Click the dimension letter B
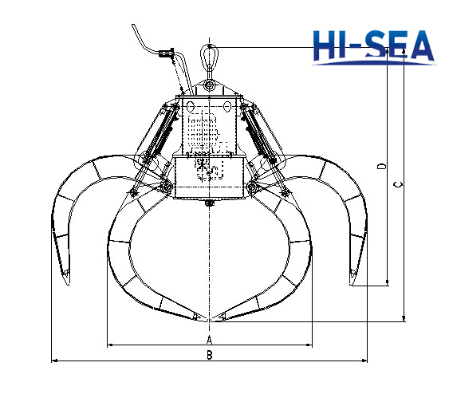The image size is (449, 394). click(209, 355)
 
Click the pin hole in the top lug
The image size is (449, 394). click(210, 85)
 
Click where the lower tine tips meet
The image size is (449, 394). click(210, 321)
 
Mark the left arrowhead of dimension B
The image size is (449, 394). click(54, 361)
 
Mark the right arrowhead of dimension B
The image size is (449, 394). click(365, 361)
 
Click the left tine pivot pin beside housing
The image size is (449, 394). click(167, 187)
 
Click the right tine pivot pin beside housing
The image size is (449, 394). click(252, 187)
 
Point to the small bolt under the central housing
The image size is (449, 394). click(210, 203)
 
